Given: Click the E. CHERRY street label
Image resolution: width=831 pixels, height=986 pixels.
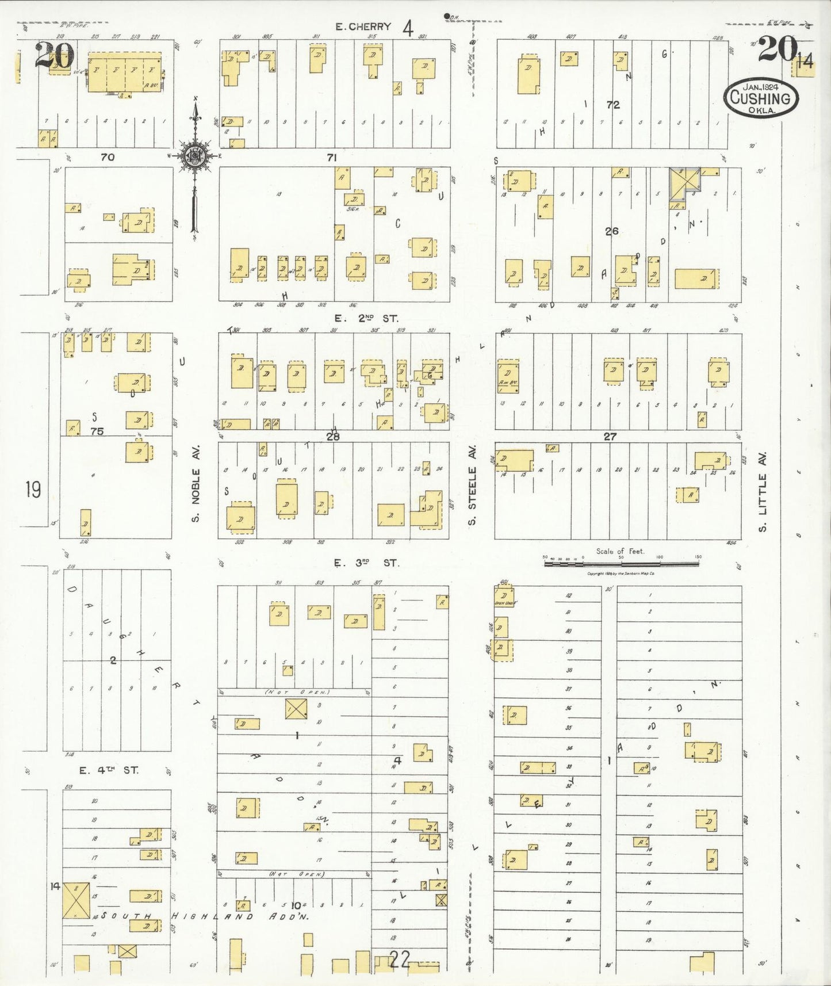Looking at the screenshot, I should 363,26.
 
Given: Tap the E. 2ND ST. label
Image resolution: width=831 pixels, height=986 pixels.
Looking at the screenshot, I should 366,318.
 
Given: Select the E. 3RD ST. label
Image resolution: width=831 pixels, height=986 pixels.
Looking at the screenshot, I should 366,563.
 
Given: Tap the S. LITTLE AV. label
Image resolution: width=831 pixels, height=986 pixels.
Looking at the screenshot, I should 763,492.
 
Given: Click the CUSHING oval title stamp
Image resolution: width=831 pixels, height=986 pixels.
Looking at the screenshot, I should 761,98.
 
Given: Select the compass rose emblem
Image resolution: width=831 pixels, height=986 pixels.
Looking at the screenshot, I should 196,156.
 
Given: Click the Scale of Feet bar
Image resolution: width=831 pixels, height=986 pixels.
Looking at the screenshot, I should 621,564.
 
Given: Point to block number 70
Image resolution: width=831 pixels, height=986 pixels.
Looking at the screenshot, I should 108,156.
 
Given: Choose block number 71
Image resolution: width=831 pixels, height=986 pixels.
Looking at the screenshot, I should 332,157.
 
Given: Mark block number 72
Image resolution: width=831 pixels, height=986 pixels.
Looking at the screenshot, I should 613,105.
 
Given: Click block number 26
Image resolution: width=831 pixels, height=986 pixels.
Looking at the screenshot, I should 611,231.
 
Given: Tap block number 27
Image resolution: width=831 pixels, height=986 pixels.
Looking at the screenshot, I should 610,437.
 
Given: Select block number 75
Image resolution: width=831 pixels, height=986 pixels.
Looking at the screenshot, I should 97,431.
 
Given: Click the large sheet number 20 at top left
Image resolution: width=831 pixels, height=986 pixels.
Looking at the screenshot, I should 55,56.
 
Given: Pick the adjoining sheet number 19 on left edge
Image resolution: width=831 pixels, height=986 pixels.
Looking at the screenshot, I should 33,490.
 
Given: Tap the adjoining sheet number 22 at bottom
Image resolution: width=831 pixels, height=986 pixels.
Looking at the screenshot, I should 400,959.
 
